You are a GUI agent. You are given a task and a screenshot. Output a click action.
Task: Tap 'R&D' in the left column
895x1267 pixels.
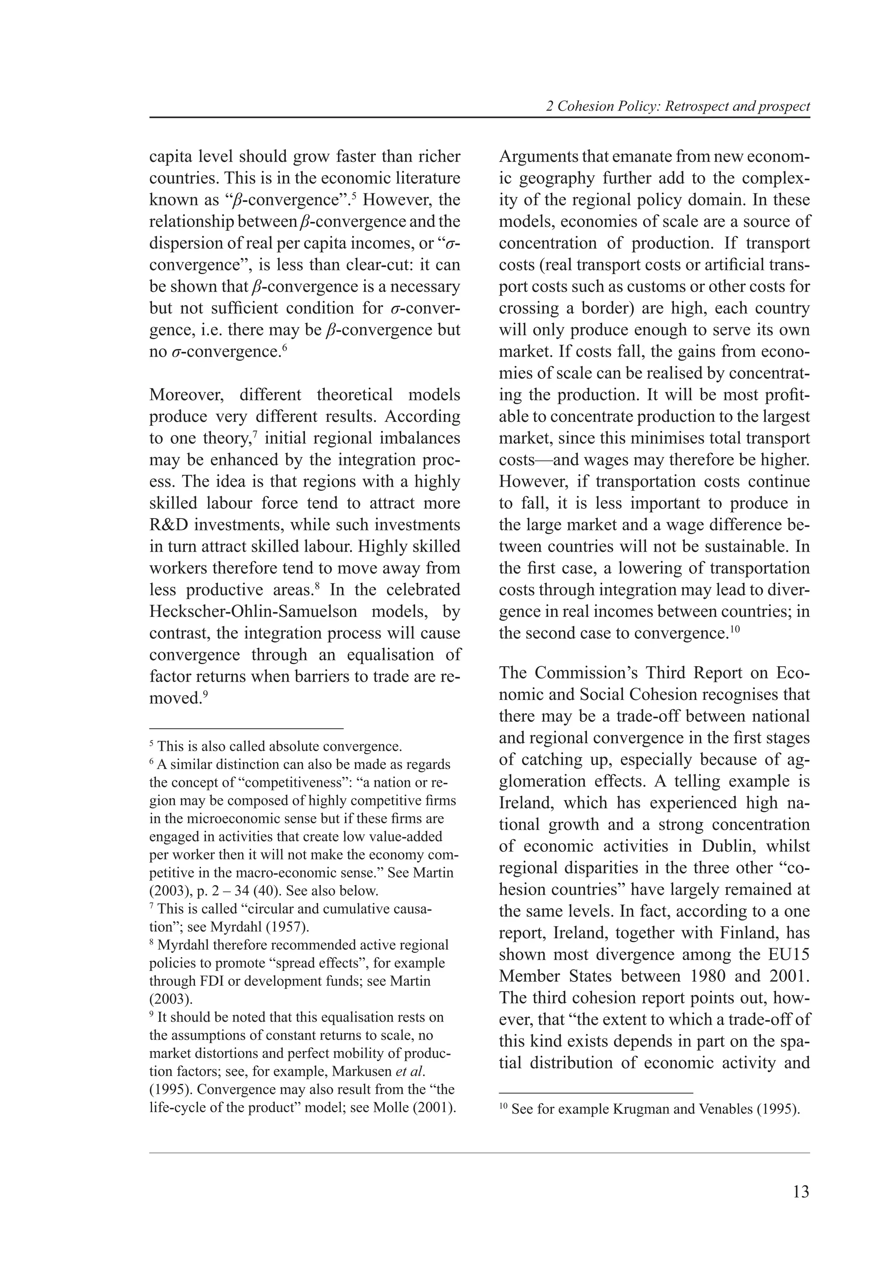[168, 525]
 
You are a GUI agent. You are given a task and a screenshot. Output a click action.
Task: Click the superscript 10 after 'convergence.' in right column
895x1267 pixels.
[734, 629]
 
